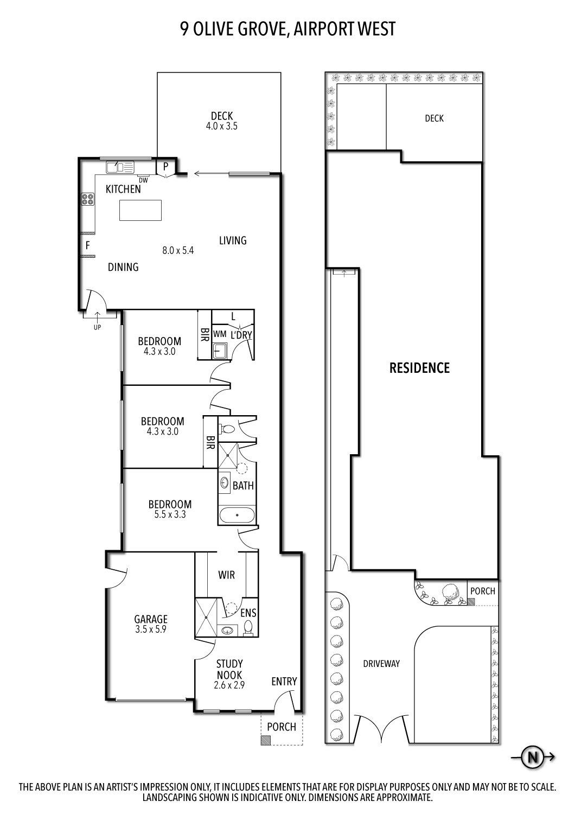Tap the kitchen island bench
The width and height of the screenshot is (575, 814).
140,210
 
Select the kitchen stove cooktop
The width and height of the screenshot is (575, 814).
87,199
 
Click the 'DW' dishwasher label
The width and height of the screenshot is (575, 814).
143,180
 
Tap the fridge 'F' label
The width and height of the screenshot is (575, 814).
87,246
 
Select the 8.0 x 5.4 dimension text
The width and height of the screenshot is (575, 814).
178,251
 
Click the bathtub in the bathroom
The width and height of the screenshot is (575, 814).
237,515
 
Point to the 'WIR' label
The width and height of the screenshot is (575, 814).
226,574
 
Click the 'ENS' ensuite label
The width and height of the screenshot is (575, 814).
249,613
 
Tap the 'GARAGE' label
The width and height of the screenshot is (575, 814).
151,619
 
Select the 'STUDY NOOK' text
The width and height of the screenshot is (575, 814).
229,670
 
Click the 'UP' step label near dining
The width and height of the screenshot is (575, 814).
97,327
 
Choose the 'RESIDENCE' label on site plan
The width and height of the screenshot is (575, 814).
419,368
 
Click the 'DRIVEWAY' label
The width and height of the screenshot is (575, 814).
381,663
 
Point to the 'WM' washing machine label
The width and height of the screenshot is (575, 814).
220,333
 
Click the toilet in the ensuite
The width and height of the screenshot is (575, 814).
249,628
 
